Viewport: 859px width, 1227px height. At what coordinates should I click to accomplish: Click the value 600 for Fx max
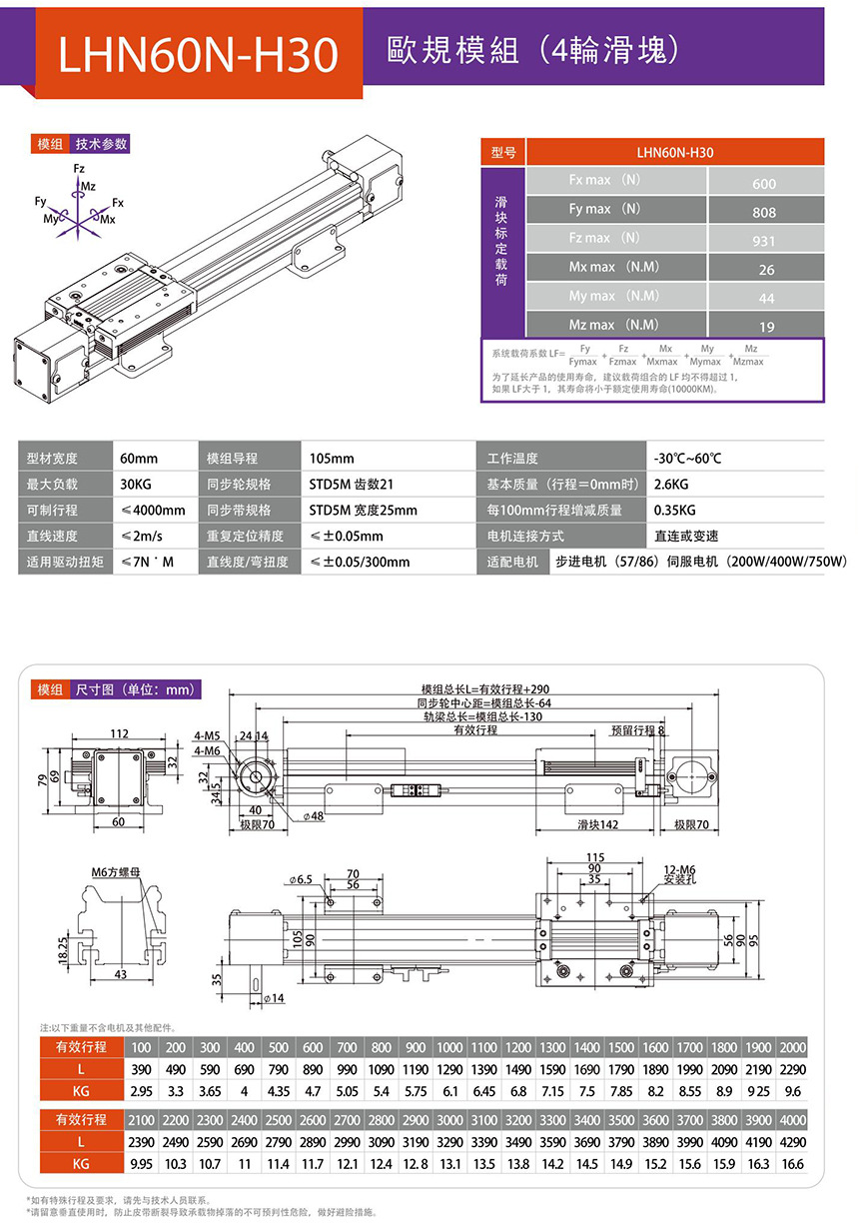coord(764,184)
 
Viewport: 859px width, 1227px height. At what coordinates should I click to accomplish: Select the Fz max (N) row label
coord(603,238)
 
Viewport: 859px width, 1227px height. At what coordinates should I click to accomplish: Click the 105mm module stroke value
coord(332,459)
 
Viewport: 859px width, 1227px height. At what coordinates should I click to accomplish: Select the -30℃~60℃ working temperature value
coord(687,459)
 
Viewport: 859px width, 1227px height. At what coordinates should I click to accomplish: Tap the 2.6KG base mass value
coord(669,484)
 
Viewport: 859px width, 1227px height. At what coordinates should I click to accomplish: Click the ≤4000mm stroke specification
coord(152,510)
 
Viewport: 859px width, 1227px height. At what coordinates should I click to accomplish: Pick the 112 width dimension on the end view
coord(119,733)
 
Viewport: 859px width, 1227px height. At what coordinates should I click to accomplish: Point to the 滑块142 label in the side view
coord(598,825)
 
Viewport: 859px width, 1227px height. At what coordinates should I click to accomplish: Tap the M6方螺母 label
coord(116,872)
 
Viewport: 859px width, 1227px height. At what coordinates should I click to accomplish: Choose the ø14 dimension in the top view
coord(273,998)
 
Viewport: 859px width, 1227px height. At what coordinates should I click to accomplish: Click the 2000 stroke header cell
coord(790,1047)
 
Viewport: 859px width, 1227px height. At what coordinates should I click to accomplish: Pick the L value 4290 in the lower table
coord(790,1140)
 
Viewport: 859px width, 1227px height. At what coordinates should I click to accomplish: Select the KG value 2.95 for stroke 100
coord(141,1092)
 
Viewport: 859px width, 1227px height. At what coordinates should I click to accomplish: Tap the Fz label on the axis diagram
coord(79,171)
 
